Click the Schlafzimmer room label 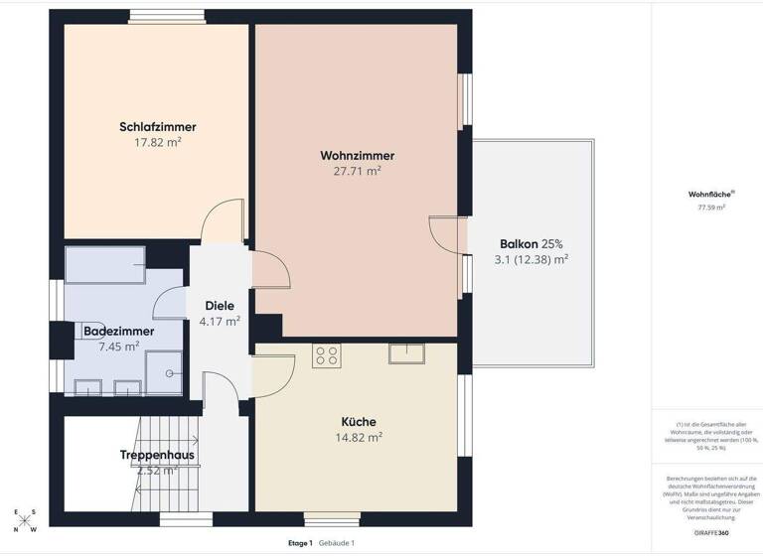point(157,127)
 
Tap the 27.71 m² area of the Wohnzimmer point(357,171)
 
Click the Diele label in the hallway point(219,306)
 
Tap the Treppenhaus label point(157,456)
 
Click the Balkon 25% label point(518,243)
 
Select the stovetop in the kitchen point(327,354)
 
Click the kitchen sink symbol point(405,352)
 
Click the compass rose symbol point(24,521)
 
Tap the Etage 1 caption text point(299,543)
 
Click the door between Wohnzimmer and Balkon point(447,234)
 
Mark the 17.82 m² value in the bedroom point(157,142)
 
